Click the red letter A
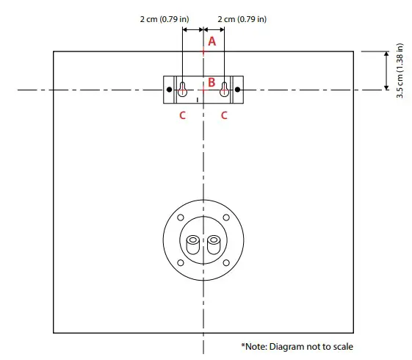(x=212, y=42)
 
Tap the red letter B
(x=212, y=82)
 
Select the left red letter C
(x=182, y=115)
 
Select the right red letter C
(x=224, y=115)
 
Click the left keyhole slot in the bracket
(x=182, y=90)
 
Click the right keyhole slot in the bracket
(x=224, y=90)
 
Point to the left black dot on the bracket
(x=169, y=90)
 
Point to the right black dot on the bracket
(x=237, y=90)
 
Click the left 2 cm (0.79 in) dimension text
(x=165, y=19)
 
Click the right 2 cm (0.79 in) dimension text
(x=242, y=19)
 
